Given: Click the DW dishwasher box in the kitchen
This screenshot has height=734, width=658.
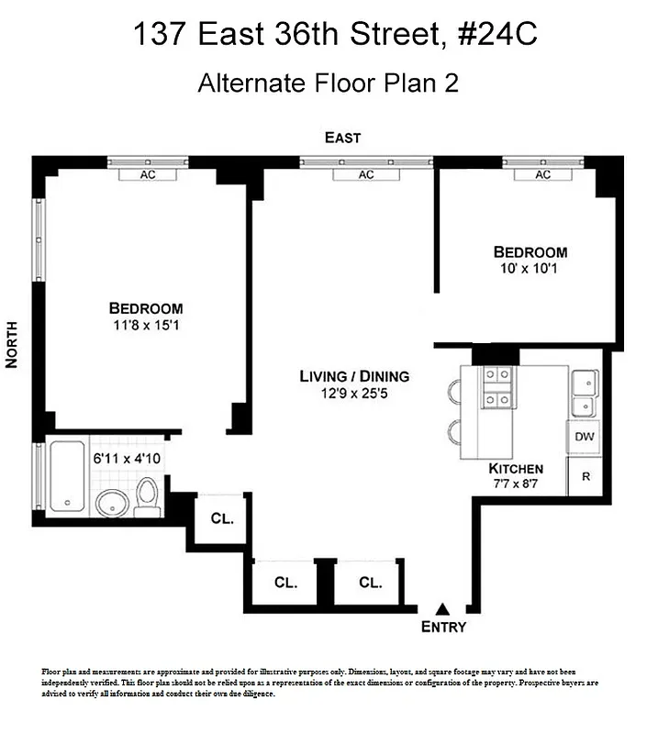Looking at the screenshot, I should (x=585, y=438).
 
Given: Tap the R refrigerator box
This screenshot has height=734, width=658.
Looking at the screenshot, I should (x=585, y=476).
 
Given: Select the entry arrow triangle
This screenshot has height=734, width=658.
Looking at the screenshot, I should (x=443, y=609).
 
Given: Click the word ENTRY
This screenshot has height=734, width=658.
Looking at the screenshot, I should (x=443, y=628).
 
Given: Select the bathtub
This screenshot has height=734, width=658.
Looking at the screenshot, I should (x=66, y=477).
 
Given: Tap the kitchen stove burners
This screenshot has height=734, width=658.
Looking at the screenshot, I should (x=496, y=386).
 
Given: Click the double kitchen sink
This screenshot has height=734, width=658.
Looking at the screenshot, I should (x=585, y=393).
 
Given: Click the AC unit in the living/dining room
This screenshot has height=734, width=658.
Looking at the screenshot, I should (x=366, y=174).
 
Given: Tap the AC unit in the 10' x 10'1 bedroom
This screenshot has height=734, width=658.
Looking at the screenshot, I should (x=542, y=174).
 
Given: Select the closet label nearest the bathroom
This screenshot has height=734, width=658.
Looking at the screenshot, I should (x=222, y=518).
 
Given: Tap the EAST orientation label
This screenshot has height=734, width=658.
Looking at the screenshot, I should (x=342, y=138).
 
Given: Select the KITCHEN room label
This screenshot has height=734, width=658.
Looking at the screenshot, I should (x=516, y=468).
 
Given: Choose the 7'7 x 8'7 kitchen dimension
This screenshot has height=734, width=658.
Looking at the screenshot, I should (x=516, y=484).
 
